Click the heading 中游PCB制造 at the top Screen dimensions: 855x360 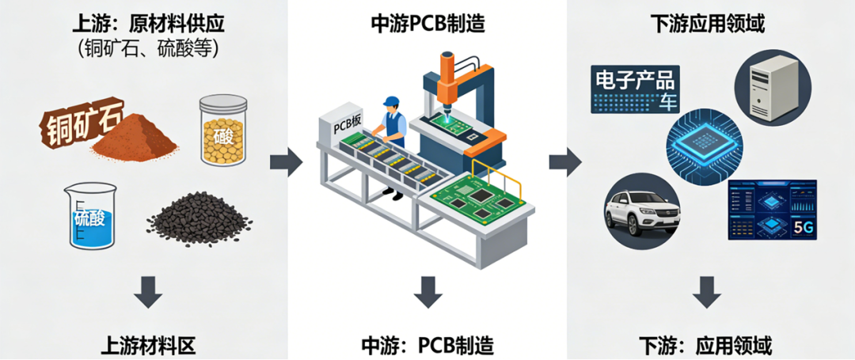427,24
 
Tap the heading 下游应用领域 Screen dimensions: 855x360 708,24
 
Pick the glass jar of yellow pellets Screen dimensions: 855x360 223,131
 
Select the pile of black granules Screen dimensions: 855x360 199,219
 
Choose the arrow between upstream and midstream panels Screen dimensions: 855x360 286,161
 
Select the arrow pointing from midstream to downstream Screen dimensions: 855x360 565,161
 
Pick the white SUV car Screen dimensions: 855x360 642,211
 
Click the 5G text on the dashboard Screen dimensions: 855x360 801,229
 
